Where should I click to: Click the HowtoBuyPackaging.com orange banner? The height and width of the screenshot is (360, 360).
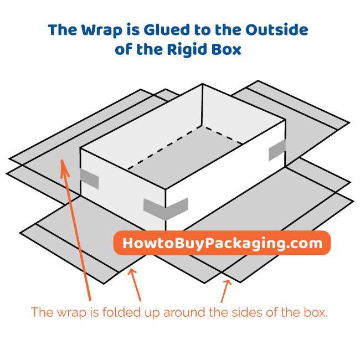pyautogui.click(x=222, y=243)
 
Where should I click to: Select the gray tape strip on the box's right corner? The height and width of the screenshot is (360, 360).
pyautogui.click(x=277, y=150)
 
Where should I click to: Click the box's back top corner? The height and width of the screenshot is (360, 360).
pyautogui.click(x=202, y=85)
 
